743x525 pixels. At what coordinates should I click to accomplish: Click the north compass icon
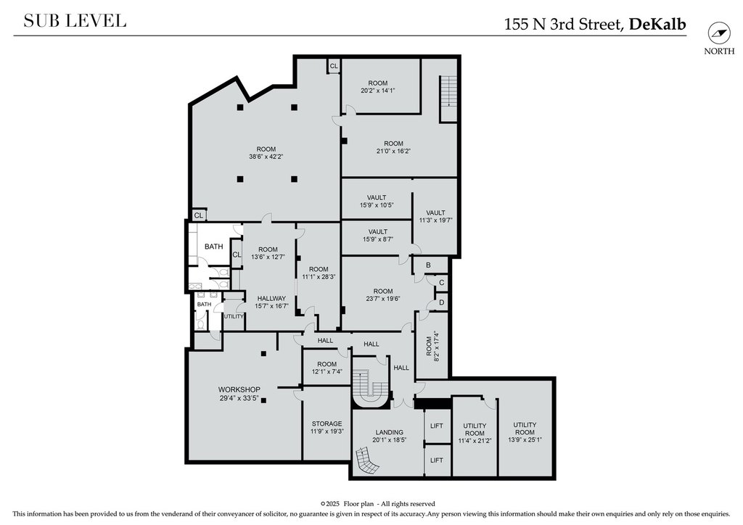[x=719, y=33]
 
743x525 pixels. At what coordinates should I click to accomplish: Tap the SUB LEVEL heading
[x=75, y=21]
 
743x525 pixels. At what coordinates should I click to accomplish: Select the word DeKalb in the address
[x=657, y=24]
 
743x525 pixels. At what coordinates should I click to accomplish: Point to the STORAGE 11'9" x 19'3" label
[x=327, y=428]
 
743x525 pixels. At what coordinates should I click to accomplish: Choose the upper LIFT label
[x=437, y=426]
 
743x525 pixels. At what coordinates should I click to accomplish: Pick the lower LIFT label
[x=437, y=460]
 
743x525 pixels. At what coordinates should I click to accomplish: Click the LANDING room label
[x=390, y=436]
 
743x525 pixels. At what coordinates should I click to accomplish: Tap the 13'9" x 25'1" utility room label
[x=525, y=431]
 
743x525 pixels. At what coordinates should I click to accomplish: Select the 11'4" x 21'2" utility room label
[x=475, y=433]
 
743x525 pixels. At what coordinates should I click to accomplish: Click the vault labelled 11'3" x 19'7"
[x=436, y=216]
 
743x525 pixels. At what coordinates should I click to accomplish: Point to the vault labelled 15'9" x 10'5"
[x=377, y=201]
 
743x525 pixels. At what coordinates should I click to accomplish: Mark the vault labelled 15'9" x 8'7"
[x=378, y=235]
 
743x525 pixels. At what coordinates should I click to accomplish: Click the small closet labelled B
[x=428, y=265]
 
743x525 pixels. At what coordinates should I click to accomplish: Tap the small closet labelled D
[x=442, y=302]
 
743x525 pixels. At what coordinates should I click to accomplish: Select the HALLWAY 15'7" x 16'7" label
[x=271, y=302]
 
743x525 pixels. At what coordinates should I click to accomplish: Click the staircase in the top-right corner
[x=448, y=99]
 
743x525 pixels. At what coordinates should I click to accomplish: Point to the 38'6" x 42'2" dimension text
[x=266, y=156]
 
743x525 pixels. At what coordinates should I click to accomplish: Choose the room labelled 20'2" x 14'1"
[x=377, y=86]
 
